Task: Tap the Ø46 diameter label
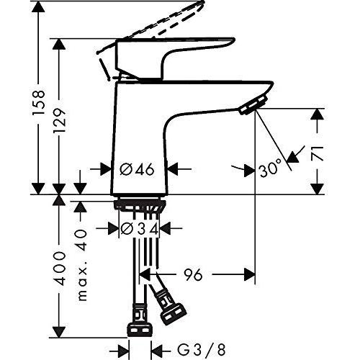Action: [x=136, y=171]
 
